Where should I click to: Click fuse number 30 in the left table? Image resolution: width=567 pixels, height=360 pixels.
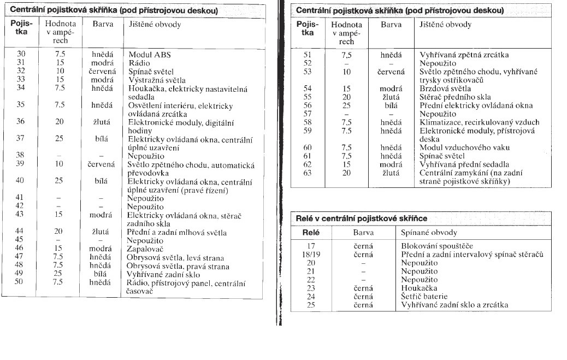21,54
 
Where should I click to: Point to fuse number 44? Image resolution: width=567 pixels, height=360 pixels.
21,232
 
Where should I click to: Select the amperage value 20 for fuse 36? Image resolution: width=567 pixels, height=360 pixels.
60,122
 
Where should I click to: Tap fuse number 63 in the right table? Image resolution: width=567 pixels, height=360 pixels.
307,173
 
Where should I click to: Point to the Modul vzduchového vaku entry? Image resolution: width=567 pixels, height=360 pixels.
457,147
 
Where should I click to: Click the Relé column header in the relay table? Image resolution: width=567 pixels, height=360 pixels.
311,232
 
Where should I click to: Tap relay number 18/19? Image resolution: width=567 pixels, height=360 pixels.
311,254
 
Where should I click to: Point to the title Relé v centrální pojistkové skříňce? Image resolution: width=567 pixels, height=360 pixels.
361,218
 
